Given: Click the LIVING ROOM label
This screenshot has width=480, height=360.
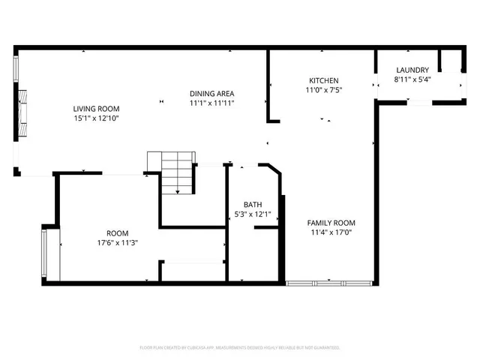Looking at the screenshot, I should [x=96, y=108].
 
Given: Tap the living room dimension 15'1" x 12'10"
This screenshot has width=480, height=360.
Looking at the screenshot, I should [x=96, y=118].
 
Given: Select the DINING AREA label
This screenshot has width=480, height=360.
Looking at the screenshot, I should [x=211, y=93].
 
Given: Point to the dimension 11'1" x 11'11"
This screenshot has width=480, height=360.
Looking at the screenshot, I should [x=211, y=103].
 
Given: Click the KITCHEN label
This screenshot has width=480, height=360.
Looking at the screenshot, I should [x=324, y=80].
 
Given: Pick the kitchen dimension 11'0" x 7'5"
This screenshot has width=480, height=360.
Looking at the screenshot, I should [x=324, y=90].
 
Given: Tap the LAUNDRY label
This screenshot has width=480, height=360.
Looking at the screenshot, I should [x=412, y=70].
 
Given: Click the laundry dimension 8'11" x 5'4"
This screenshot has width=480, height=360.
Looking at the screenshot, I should [x=412, y=79].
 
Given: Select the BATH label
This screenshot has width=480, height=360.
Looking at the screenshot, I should [x=253, y=204].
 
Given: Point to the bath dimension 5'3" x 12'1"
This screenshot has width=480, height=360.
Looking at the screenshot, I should [x=253, y=214].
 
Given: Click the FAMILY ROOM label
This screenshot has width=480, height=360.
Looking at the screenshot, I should [x=331, y=223].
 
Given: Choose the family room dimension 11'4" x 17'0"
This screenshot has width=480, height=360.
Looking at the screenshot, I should [x=331, y=232].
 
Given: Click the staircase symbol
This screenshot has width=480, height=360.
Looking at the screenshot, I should [x=177, y=172].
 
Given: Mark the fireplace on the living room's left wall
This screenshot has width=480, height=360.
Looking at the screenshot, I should [x=23, y=112].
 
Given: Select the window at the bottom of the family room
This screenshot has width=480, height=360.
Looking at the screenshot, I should [x=329, y=283].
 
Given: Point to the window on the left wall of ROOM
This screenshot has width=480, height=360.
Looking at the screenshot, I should [x=45, y=254].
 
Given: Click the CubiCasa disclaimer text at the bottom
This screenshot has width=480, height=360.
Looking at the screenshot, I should [x=240, y=348].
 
